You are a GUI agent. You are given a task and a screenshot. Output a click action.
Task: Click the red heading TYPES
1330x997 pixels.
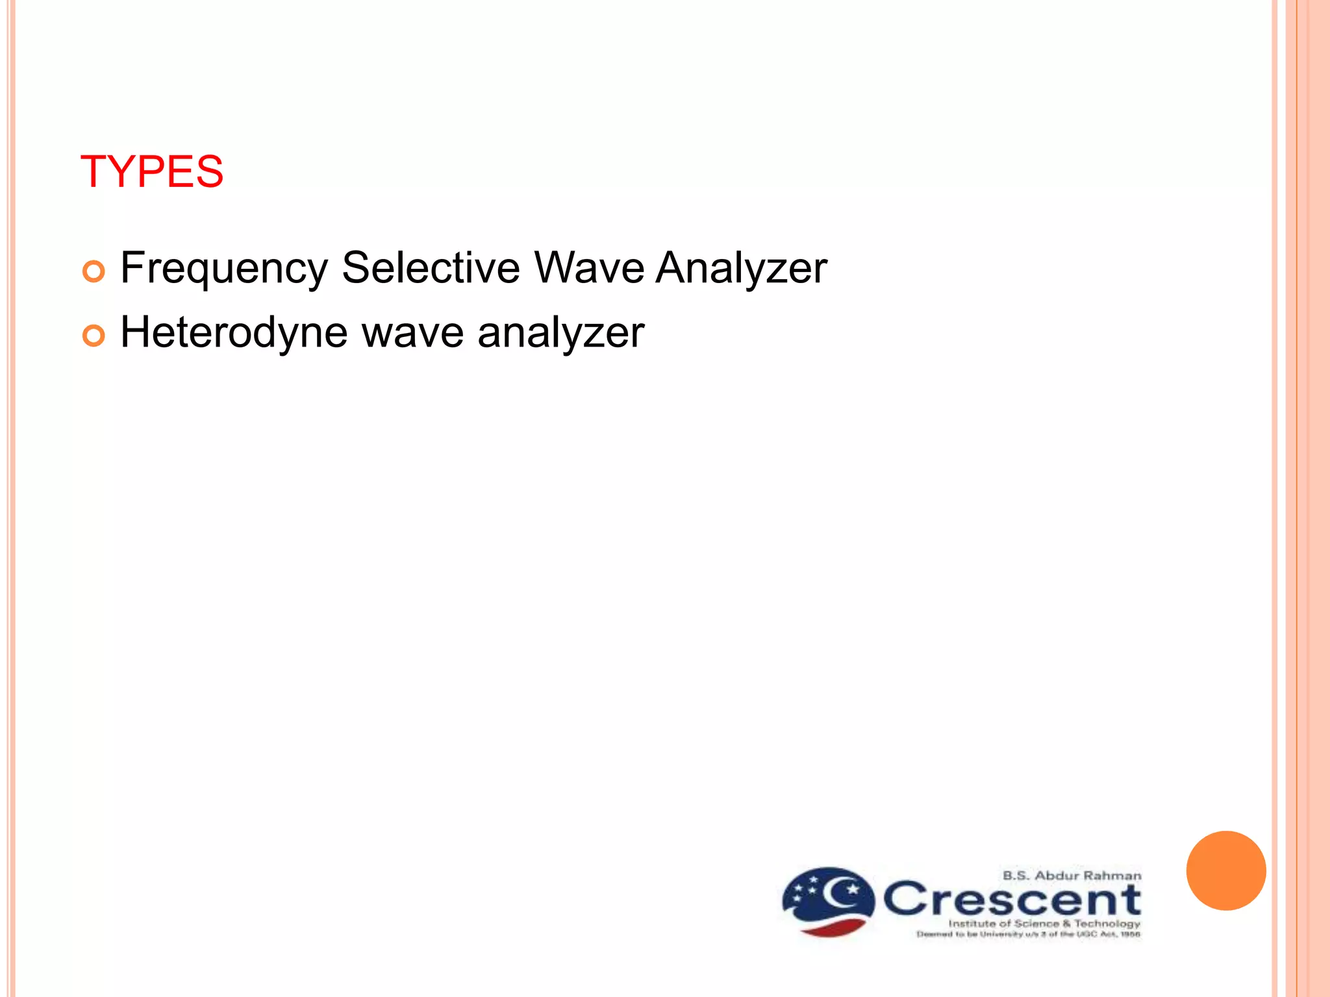(x=151, y=172)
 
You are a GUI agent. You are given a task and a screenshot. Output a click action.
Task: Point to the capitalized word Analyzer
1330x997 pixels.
(x=741, y=268)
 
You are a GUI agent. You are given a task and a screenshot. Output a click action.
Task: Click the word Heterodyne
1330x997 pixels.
(x=234, y=332)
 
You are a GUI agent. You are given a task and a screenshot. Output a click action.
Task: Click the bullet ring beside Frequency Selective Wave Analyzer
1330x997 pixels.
(x=94, y=271)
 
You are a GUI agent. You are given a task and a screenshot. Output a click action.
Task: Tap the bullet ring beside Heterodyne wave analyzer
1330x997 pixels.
(x=94, y=336)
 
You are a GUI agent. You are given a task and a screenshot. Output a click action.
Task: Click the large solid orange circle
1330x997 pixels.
(x=1226, y=870)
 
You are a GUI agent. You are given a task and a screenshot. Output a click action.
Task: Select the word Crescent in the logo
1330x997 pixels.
(x=1012, y=899)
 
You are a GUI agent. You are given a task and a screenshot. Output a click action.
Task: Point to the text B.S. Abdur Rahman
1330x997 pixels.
(x=1072, y=876)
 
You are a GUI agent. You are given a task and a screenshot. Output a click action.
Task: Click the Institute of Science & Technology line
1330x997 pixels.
(x=1044, y=923)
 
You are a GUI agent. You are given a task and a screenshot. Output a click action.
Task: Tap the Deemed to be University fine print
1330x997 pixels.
(x=1028, y=935)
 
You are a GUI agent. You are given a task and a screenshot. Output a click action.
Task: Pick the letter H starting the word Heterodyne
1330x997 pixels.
(x=134, y=332)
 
